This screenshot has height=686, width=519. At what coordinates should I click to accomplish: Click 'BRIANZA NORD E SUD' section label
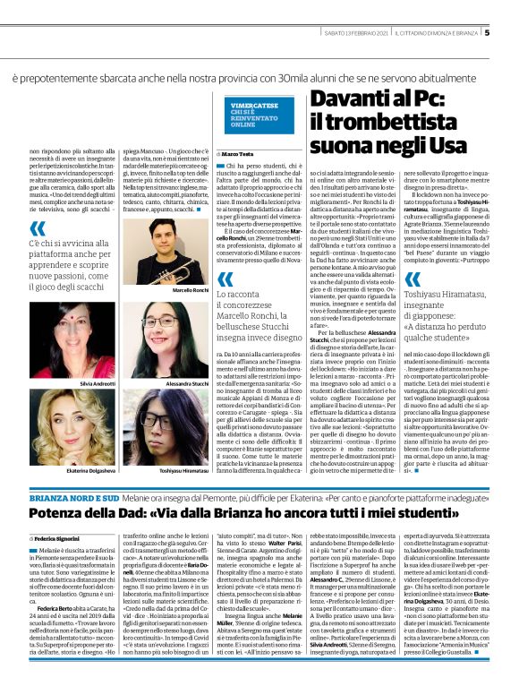click(x=47, y=495)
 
